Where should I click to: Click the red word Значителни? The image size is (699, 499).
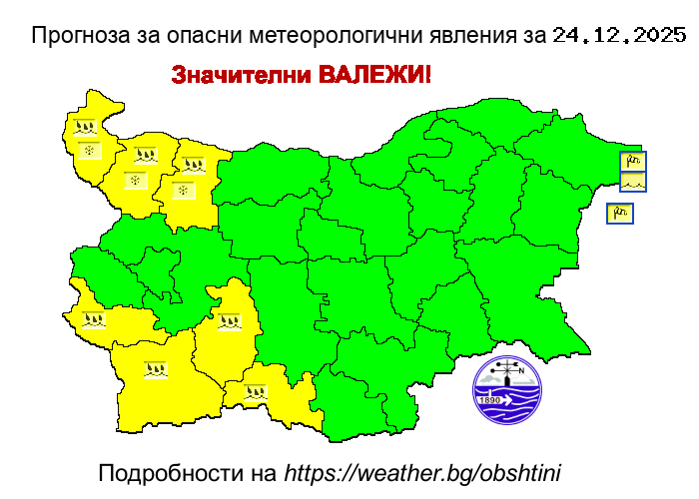[241, 76]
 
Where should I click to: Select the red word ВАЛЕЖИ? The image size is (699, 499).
[375, 76]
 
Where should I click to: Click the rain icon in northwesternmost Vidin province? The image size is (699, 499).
[86, 128]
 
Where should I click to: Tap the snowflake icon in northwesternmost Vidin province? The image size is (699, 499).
[90, 151]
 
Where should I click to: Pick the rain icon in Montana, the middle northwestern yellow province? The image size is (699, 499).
[146, 156]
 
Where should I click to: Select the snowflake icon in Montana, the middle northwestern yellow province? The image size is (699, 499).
[136, 181]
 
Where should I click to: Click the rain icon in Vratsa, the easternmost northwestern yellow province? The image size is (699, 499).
[194, 165]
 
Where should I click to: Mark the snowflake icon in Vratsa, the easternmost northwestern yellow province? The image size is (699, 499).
[183, 190]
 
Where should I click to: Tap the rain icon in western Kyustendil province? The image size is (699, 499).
[94, 320]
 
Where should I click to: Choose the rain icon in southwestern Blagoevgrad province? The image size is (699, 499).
[155, 369]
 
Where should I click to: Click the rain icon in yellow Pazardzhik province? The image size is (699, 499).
[230, 321]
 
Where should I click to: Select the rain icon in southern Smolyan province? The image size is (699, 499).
[256, 392]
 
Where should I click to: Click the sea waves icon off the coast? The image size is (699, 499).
[633, 182]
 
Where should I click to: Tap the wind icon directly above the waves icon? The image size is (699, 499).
[633, 161]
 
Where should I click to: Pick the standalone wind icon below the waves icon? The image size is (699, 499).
[620, 214]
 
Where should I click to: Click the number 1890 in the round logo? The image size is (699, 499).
[489, 400]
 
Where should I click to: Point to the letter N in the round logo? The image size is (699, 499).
[520, 370]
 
